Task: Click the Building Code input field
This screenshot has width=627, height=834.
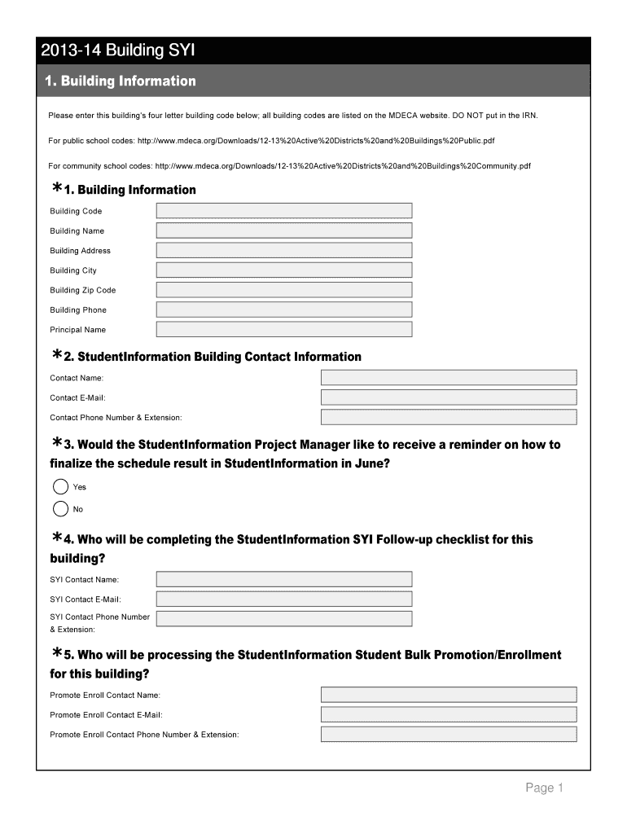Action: [x=284, y=211]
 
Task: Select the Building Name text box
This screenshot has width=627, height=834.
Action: [x=284, y=230]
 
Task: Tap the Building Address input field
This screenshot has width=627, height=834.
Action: [x=284, y=250]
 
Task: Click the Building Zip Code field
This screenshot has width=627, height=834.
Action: [x=284, y=290]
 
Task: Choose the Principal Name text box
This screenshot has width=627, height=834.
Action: [x=284, y=330]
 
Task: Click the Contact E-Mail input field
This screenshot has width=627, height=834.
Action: [x=449, y=397]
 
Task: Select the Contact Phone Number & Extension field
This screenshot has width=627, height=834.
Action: [x=449, y=417]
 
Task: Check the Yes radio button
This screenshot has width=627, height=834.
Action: [x=60, y=487]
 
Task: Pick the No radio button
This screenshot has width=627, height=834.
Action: [x=60, y=509]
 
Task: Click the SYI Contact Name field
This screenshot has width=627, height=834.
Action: [x=284, y=579]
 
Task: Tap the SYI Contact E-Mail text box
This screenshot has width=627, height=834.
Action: [x=284, y=599]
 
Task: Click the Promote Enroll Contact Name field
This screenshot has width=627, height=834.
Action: [x=449, y=695]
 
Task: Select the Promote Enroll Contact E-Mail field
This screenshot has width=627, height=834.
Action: [x=449, y=714]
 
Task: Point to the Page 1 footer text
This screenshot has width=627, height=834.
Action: [x=544, y=788]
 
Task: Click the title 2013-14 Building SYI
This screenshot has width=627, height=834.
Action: [x=118, y=51]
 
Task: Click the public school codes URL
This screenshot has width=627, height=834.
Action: [x=316, y=141]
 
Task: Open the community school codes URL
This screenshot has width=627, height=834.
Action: [x=342, y=166]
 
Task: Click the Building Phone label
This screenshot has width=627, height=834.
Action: [x=78, y=310]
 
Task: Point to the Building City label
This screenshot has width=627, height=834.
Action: [x=73, y=270]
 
